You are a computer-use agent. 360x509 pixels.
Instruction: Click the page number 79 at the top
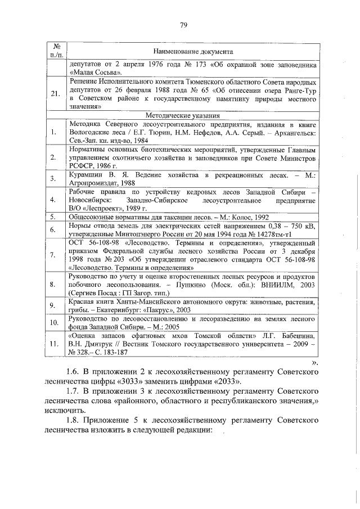[x=183, y=24]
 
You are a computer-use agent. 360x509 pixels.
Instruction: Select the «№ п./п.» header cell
[x=56, y=51]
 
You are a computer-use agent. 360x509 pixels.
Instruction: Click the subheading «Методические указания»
[x=192, y=115]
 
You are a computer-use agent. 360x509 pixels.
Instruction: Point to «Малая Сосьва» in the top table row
[x=93, y=73]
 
